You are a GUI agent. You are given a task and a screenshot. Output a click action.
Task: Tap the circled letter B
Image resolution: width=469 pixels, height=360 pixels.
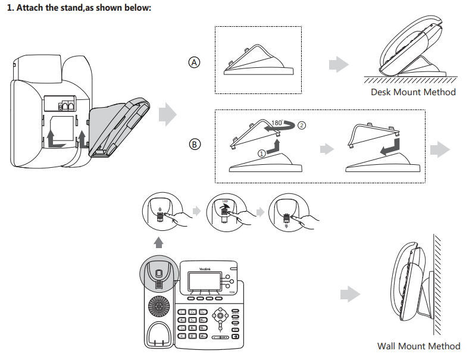[x=195, y=143]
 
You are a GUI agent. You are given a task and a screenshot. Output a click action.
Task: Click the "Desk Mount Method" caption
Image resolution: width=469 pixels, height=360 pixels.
[x=413, y=92]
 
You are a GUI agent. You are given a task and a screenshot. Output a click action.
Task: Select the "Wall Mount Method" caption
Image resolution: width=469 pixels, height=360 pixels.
[x=418, y=346]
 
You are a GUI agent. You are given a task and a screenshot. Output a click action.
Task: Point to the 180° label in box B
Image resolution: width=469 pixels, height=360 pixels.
[x=277, y=123]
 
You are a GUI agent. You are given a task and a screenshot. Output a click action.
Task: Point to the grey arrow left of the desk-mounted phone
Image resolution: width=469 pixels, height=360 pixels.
[x=339, y=64]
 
